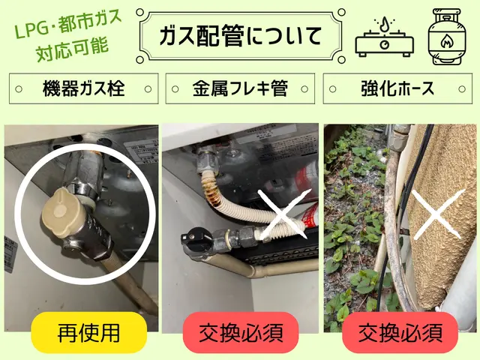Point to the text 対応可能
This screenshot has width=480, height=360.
(x=73, y=49)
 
